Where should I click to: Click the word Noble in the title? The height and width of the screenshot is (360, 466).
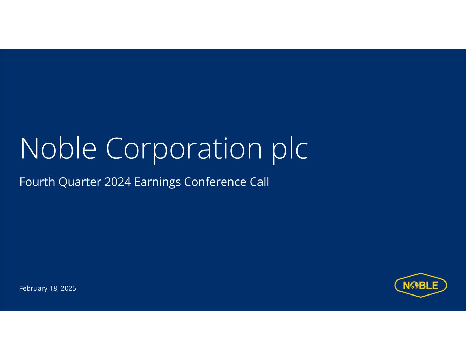[58, 148]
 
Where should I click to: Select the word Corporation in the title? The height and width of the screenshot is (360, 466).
[184, 150]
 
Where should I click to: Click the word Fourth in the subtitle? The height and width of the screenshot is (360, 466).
[37, 182]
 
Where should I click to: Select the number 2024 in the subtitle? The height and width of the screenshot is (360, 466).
[117, 182]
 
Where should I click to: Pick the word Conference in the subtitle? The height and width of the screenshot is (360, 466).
[215, 182]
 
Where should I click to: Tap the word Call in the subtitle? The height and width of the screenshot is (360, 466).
[259, 182]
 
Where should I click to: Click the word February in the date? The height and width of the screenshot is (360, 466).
[33, 288]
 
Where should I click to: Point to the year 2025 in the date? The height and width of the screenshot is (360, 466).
[68, 288]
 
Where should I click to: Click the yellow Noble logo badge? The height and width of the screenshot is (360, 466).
[421, 285]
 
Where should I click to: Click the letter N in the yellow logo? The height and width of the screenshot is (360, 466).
[407, 285]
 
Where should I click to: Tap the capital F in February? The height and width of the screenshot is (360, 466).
[22, 288]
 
